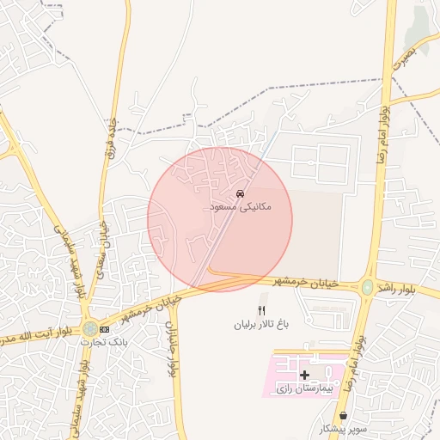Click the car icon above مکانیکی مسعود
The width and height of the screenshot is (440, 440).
[239, 194]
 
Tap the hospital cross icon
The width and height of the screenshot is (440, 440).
[304, 375]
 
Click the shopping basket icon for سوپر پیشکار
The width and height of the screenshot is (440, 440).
[344, 415]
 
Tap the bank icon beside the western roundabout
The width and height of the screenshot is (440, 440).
[105, 328]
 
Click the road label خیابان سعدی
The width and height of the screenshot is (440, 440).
[98, 241]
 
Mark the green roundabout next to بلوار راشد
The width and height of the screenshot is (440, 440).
[368, 287]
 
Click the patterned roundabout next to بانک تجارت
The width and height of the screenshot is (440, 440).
[89, 328]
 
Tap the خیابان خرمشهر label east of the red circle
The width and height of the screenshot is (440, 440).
[307, 282]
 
